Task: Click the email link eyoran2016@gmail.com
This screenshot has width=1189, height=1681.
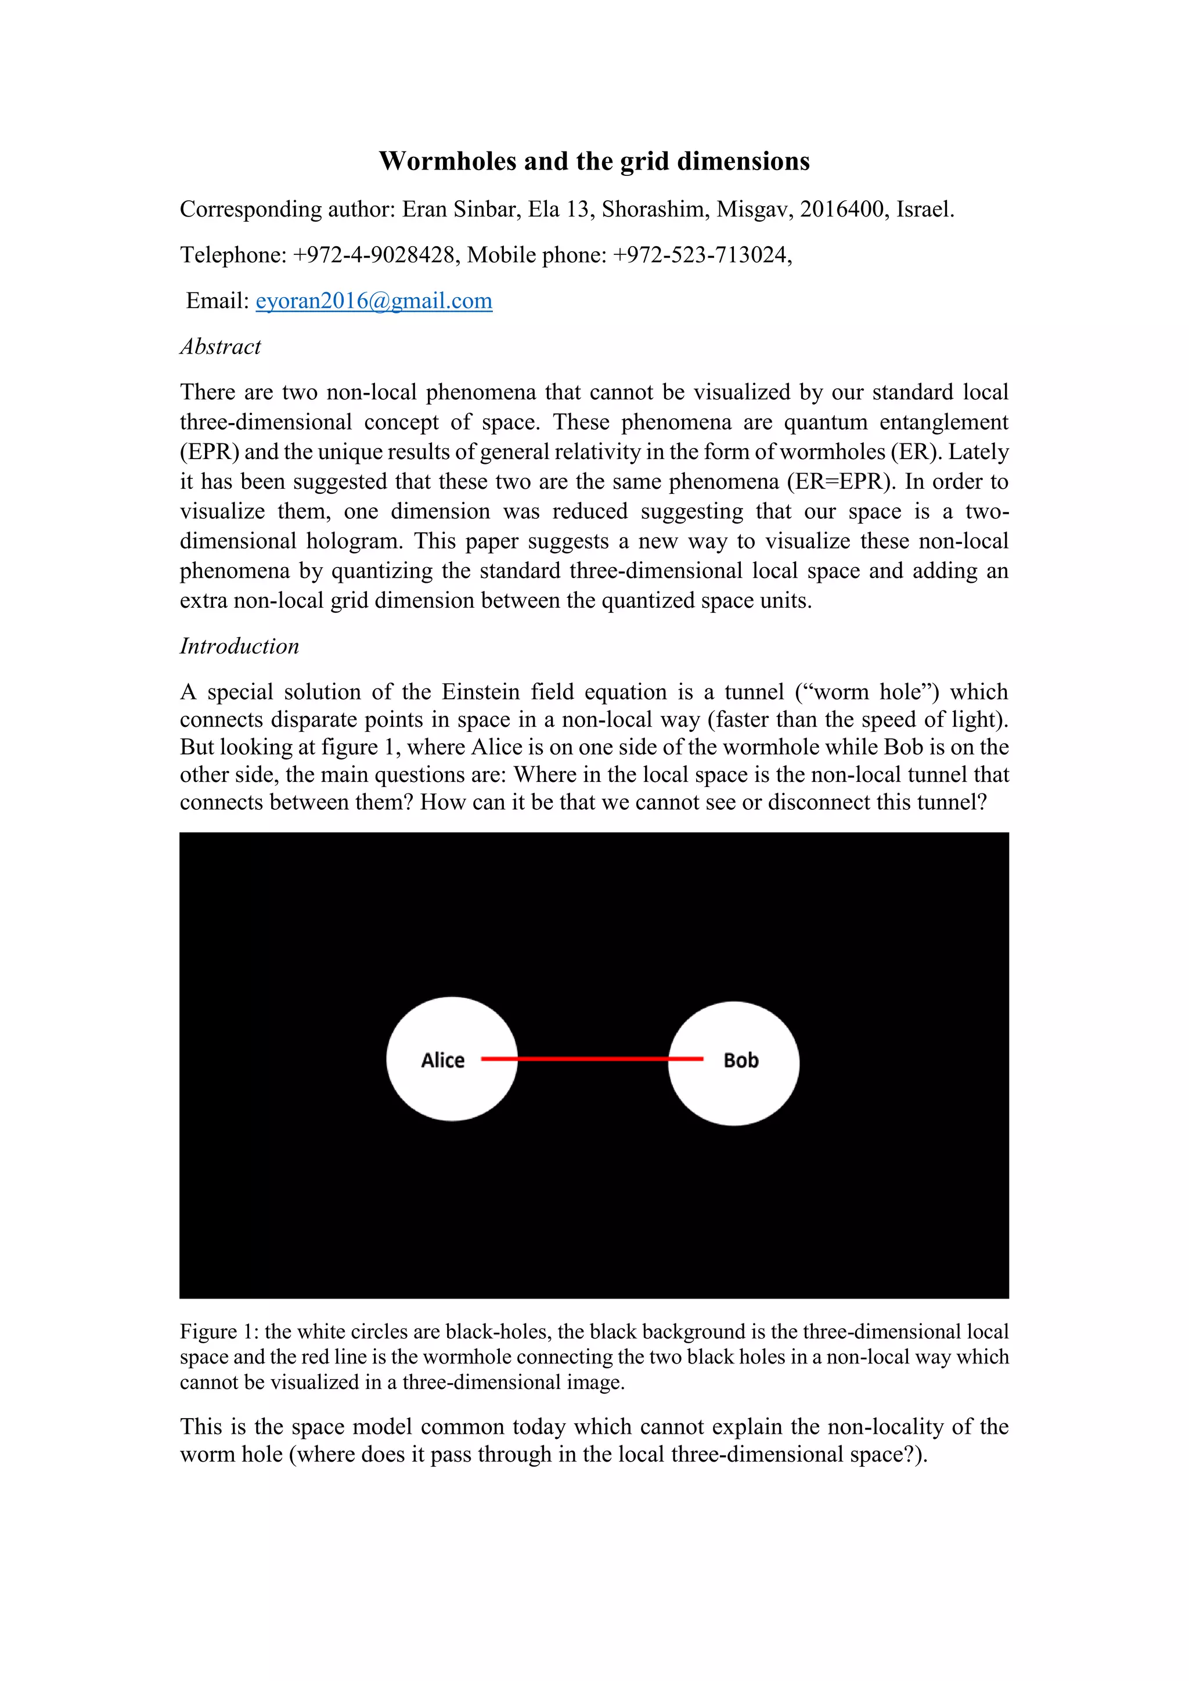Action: coord(373,301)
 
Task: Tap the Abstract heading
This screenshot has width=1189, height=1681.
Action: coord(221,347)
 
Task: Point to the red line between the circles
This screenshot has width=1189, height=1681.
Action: coord(593,1059)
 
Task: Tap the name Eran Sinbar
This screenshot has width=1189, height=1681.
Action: coord(461,210)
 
